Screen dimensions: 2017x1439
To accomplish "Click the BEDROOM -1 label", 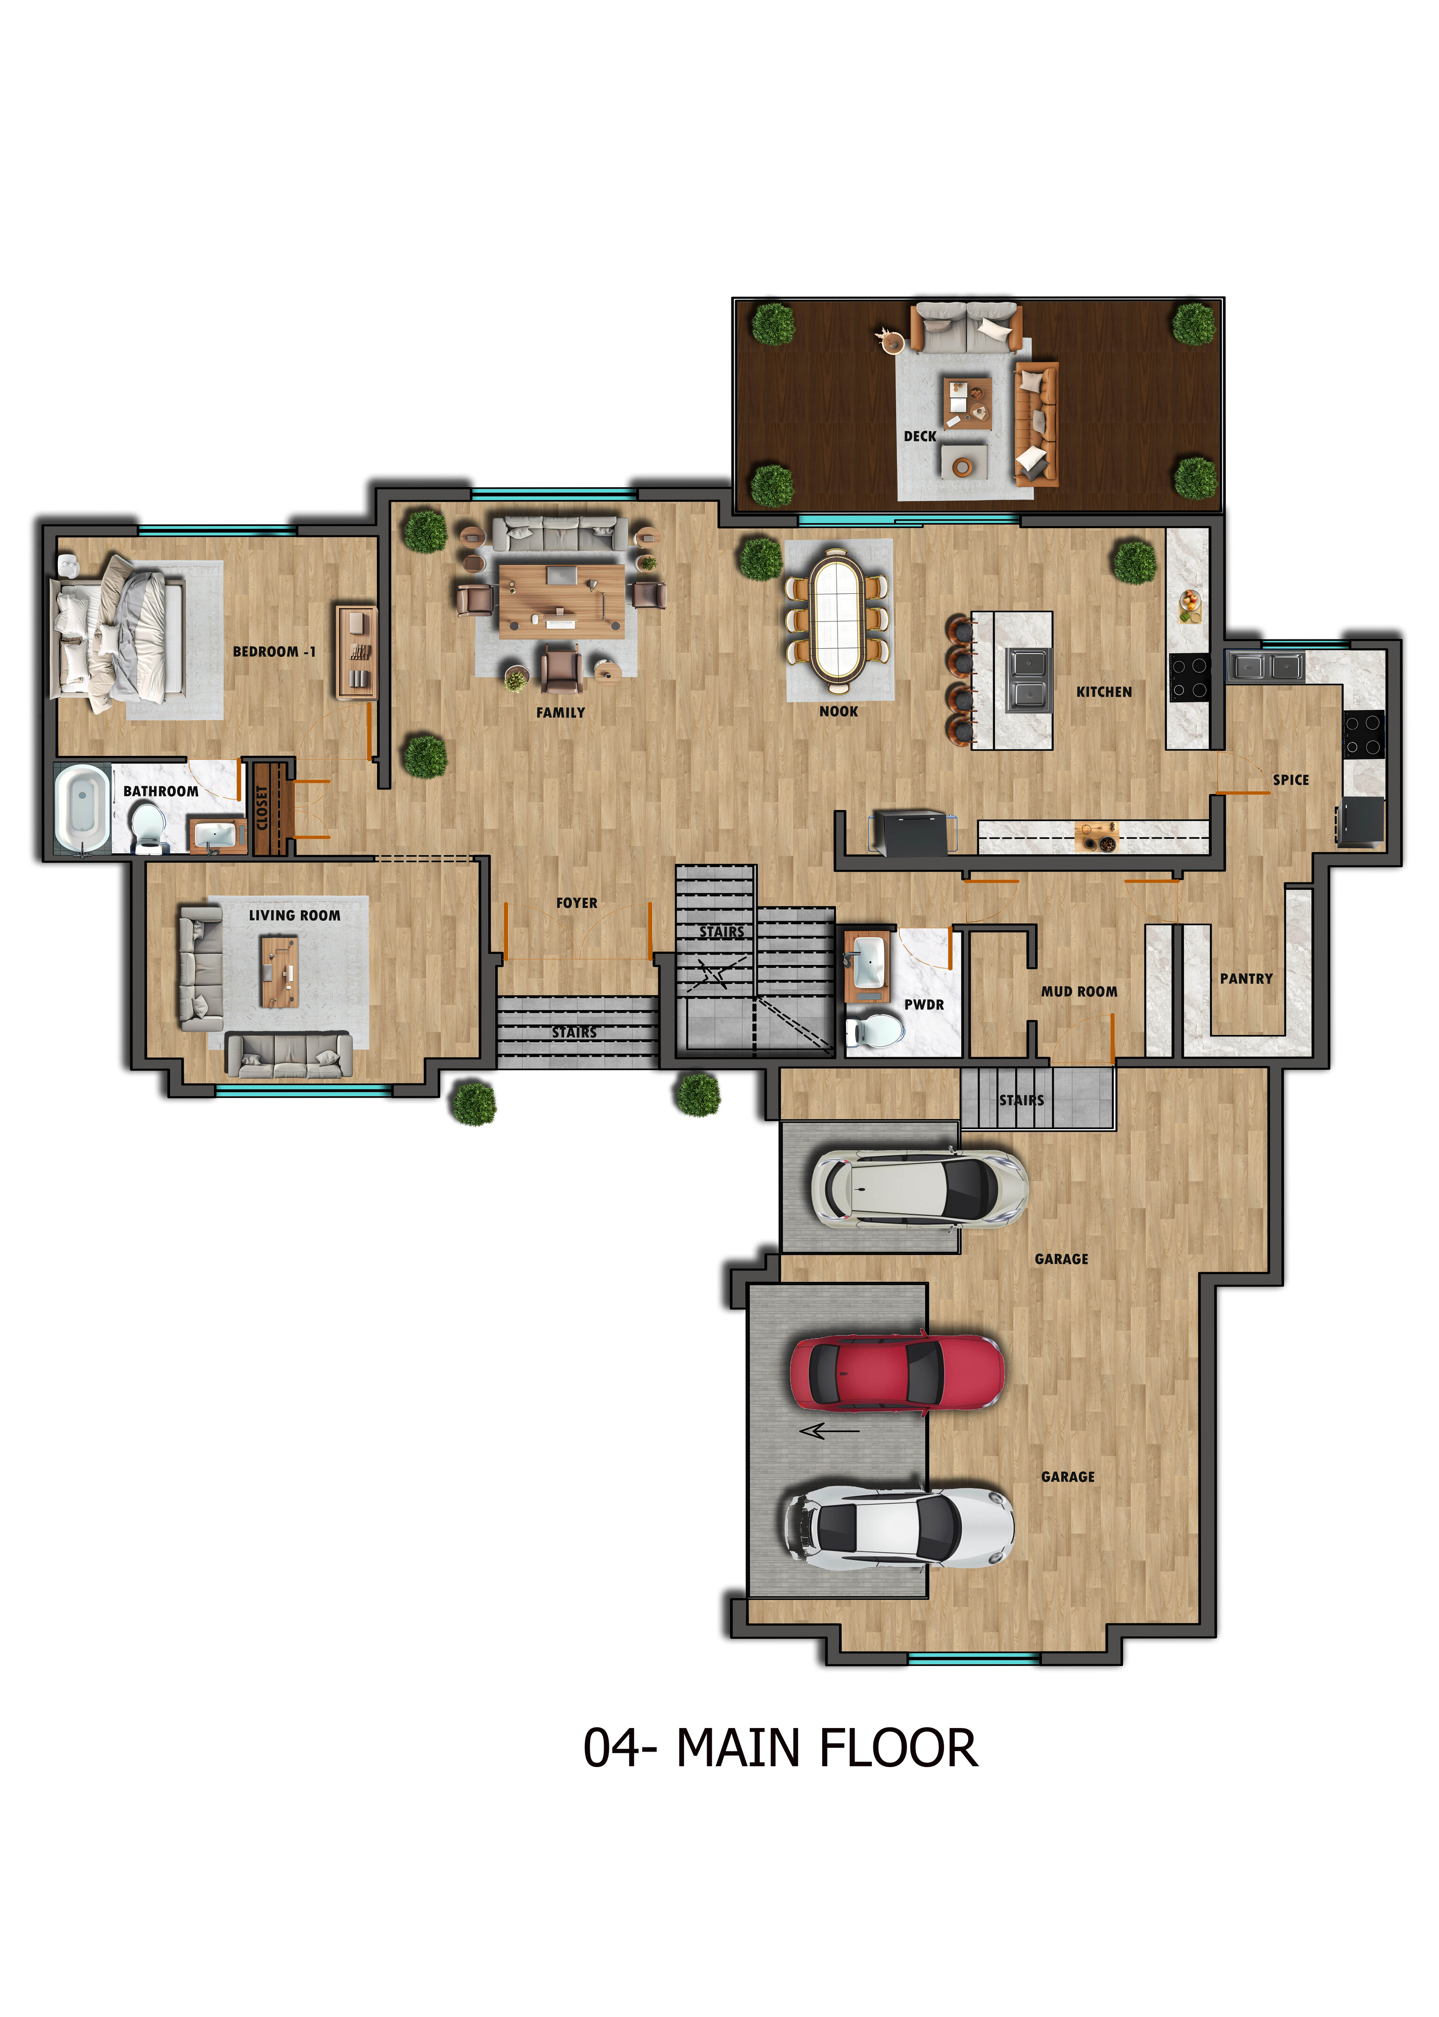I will (x=274, y=651).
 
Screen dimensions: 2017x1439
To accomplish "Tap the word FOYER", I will (x=577, y=903).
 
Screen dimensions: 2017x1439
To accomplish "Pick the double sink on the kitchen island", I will (x=1029, y=679).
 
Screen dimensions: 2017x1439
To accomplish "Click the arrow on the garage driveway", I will (x=828, y=1430).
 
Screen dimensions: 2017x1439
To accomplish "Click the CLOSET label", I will (x=262, y=808).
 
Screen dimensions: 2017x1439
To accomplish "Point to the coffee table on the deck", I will (x=967, y=403).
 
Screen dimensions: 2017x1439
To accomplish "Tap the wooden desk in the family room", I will (x=562, y=600).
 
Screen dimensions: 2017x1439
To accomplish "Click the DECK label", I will (x=920, y=436).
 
